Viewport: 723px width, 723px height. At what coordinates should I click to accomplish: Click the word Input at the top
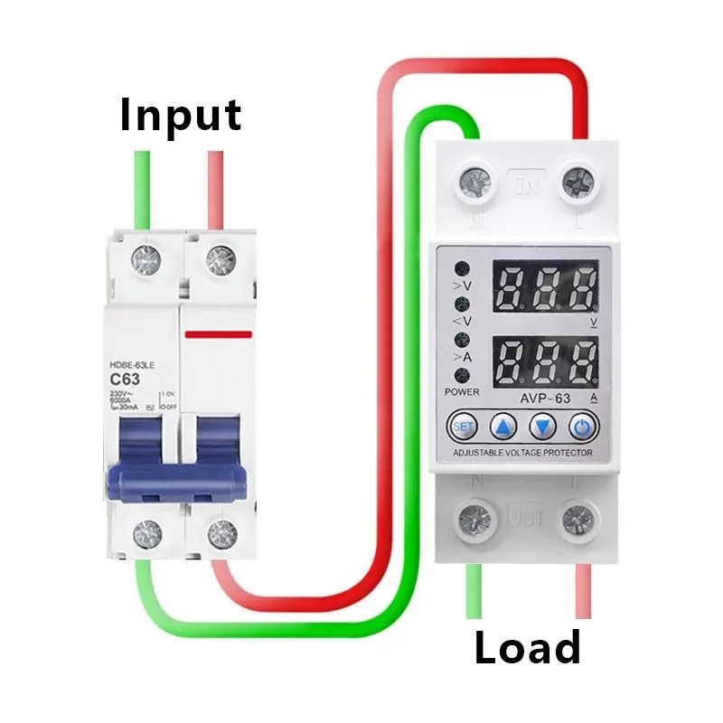click(x=181, y=116)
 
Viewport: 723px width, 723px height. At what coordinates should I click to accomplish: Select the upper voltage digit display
click(x=545, y=287)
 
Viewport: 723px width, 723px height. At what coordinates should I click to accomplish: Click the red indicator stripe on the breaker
click(x=218, y=334)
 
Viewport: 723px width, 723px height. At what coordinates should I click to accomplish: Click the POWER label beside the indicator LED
click(x=462, y=391)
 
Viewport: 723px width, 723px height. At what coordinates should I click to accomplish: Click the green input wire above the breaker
click(x=143, y=190)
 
